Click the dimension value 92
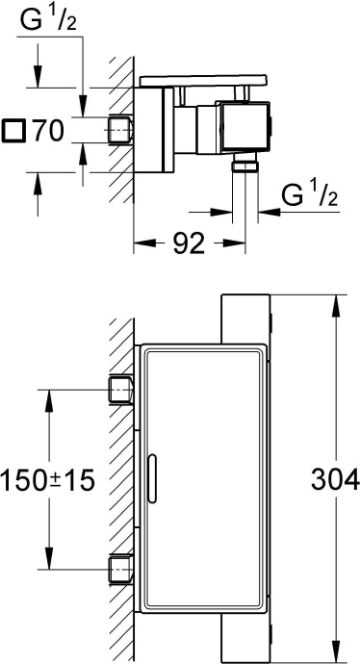click(189, 243)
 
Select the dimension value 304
click(335, 479)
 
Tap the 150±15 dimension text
click(47, 480)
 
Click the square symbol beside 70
click(13, 131)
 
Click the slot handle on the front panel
click(151, 477)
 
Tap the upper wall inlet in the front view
click(121, 390)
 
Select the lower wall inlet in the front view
click(121, 570)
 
